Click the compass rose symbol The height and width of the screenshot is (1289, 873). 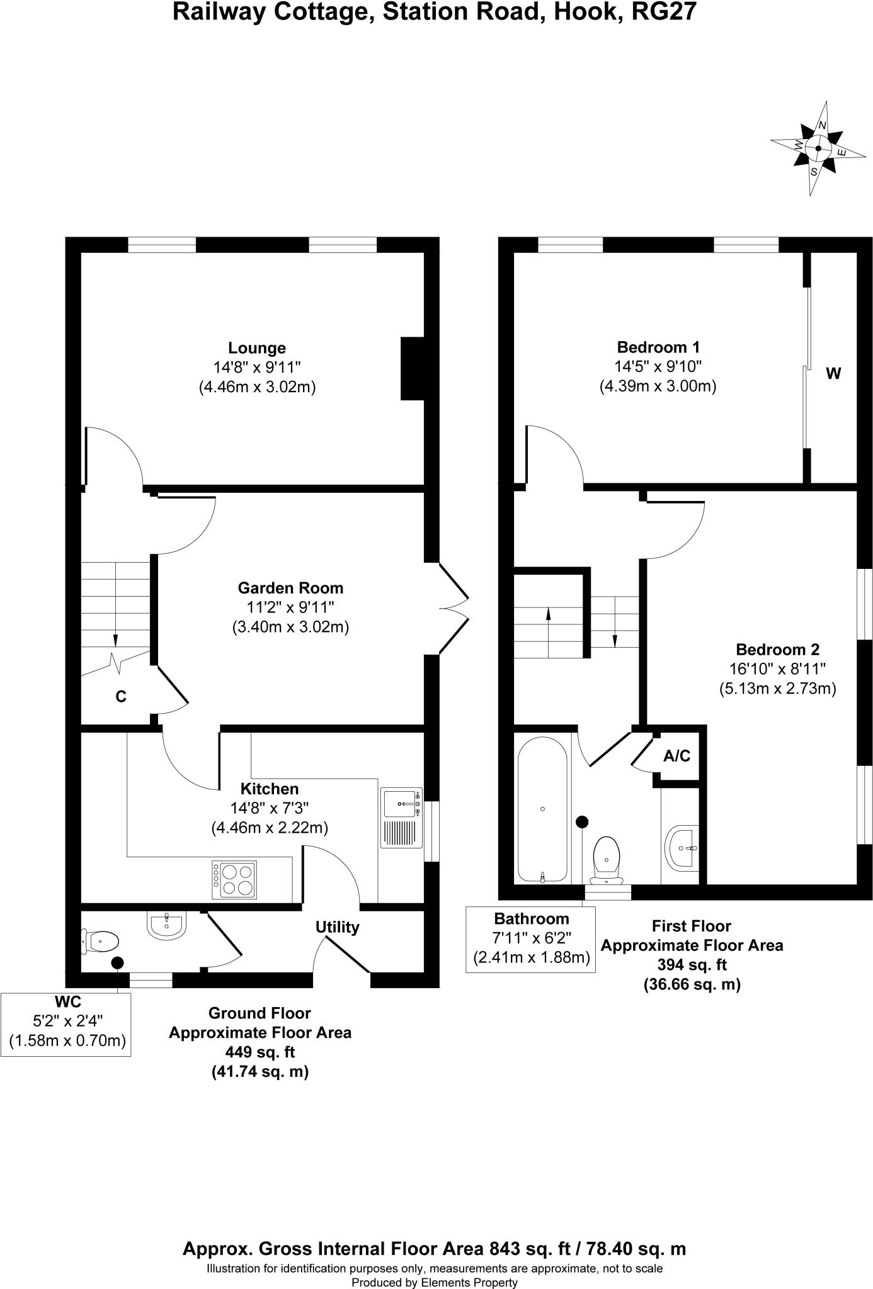818,149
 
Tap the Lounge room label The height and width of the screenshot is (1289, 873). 257,348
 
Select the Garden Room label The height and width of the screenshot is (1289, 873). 290,588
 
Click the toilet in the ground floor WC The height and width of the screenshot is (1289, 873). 100,942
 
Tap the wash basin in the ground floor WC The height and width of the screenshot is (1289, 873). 166,924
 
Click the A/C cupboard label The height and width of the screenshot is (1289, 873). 677,756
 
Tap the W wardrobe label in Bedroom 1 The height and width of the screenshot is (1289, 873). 833,374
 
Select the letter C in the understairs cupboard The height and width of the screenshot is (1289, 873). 121,697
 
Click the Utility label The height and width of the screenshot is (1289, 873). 338,927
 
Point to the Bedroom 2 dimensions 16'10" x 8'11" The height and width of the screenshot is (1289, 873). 778,669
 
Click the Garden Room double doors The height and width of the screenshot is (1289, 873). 454,608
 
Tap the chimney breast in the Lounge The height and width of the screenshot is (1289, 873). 413,369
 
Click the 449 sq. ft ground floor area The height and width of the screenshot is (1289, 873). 260,1052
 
